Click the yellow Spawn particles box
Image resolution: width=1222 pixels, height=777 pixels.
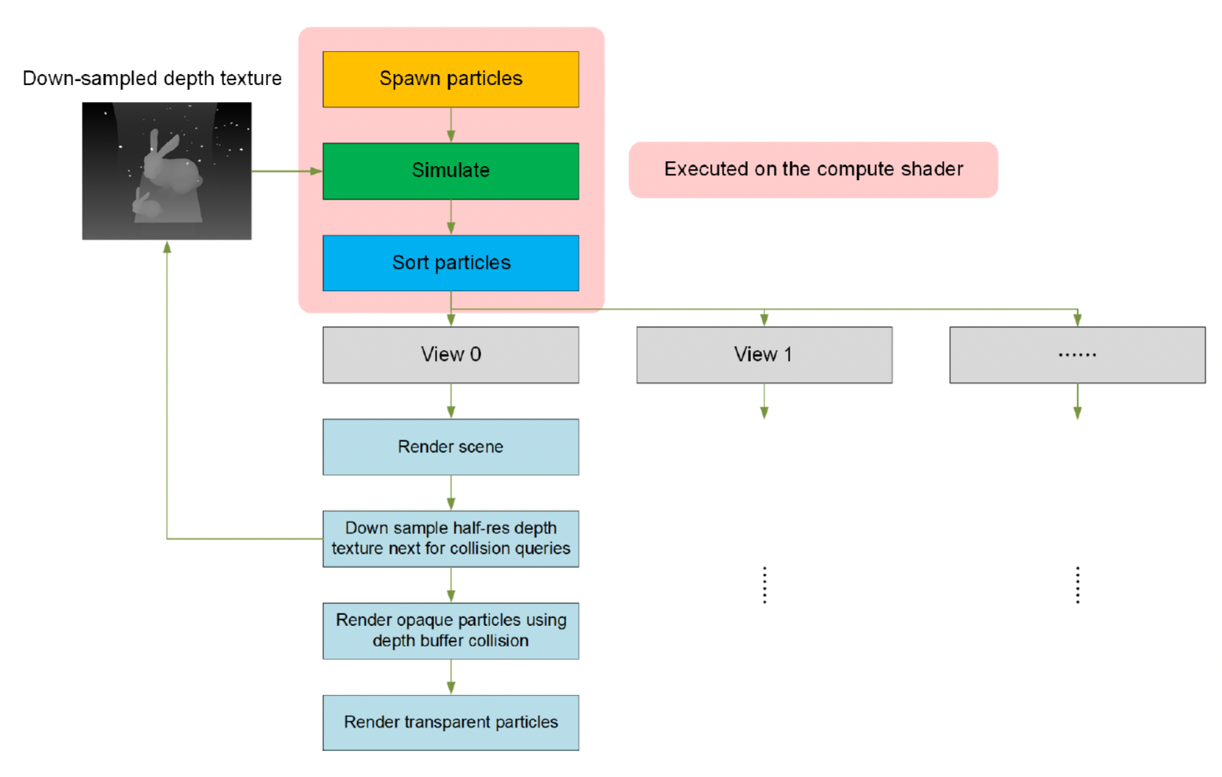(x=451, y=79)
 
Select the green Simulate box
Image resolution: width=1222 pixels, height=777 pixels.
(x=451, y=171)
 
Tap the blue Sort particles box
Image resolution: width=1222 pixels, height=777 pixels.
(x=451, y=263)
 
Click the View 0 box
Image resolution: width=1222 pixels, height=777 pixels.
(x=451, y=355)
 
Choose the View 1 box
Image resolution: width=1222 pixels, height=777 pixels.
(x=764, y=355)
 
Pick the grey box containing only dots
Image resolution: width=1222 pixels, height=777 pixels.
(x=1077, y=355)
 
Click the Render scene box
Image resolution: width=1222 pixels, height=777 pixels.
(x=451, y=447)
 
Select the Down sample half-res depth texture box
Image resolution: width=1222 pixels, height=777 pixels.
(x=451, y=539)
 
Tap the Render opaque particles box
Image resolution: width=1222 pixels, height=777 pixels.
(x=451, y=631)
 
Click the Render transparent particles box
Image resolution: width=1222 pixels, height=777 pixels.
(x=451, y=722)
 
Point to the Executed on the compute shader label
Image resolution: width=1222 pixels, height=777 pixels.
(x=813, y=169)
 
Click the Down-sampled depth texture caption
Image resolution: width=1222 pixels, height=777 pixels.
(x=152, y=79)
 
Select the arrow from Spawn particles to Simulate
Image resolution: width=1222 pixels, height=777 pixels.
(x=451, y=124)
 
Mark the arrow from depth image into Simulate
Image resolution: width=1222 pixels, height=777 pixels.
(x=287, y=171)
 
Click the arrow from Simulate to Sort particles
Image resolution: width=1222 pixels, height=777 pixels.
(x=451, y=217)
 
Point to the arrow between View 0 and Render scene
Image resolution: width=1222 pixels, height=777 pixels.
(x=451, y=401)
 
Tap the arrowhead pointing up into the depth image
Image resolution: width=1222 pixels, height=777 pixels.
(x=167, y=248)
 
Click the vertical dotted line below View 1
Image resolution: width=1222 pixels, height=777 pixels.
(x=764, y=585)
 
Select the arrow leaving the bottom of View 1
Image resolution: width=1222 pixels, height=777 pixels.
(x=764, y=401)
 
